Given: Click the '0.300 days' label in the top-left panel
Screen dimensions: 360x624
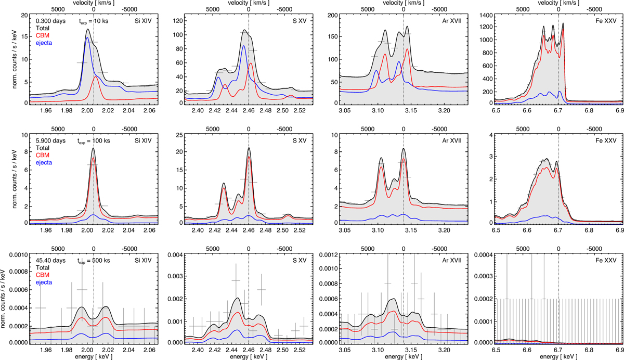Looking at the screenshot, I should tap(47, 21).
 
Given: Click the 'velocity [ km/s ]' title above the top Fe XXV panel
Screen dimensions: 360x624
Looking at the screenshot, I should tap(558, 3).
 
